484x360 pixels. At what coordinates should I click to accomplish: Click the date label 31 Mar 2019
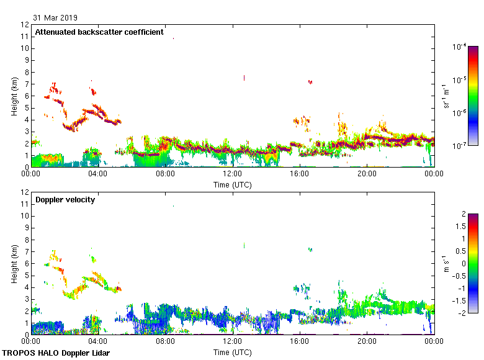click(56, 18)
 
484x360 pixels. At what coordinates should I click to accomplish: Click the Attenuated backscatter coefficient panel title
click(99, 32)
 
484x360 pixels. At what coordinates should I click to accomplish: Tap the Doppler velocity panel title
click(65, 199)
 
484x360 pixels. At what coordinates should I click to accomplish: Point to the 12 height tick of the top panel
click(25, 25)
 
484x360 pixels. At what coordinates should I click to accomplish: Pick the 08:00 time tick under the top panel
click(166, 174)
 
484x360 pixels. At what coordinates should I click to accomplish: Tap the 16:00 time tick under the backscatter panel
click(300, 174)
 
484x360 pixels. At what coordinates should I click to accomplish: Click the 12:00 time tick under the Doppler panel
click(233, 342)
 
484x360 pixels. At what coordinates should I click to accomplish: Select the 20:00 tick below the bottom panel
click(367, 342)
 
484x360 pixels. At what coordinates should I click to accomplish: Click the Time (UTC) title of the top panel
click(233, 184)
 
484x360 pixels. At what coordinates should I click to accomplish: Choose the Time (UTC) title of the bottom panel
click(233, 352)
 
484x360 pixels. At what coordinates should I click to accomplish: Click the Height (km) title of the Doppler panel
click(14, 263)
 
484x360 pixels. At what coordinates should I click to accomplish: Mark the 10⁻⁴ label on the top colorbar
click(460, 47)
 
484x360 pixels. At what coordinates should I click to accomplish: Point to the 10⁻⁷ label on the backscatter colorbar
click(460, 145)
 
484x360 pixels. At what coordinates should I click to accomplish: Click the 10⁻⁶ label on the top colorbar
click(460, 112)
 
